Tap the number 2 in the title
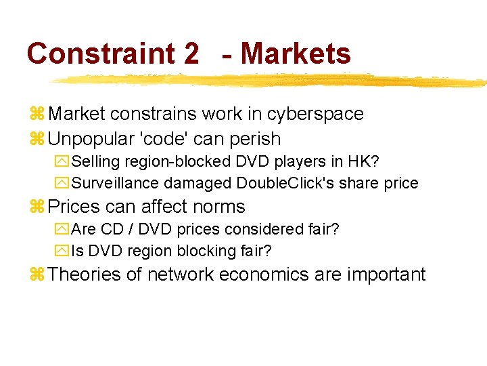pyautogui.click(x=191, y=54)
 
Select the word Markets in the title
pyautogui.click(x=296, y=54)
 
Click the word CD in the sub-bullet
pyautogui.click(x=112, y=229)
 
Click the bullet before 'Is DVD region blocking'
pyautogui.click(x=63, y=251)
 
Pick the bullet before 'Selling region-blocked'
pyautogui.click(x=63, y=162)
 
